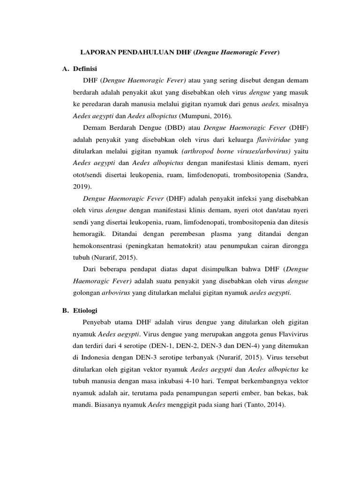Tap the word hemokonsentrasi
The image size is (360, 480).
tap(98, 246)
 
